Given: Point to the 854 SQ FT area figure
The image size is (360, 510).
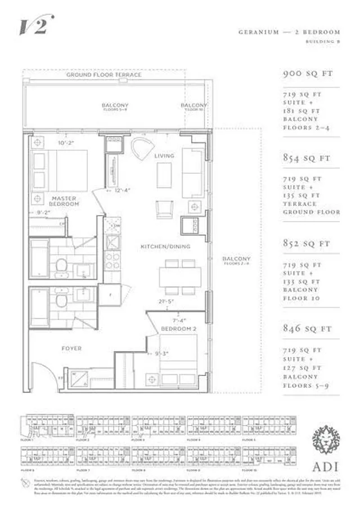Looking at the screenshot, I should pos(305,158).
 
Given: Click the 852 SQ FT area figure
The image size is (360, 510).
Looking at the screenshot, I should pos(305,244).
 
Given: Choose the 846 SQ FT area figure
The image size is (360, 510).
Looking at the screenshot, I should pos(305,329).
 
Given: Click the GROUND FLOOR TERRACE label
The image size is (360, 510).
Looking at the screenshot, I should pos(103,74).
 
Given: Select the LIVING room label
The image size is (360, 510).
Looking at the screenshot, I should pos(164,156).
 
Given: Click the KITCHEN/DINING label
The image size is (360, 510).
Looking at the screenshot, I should pos(165,247).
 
